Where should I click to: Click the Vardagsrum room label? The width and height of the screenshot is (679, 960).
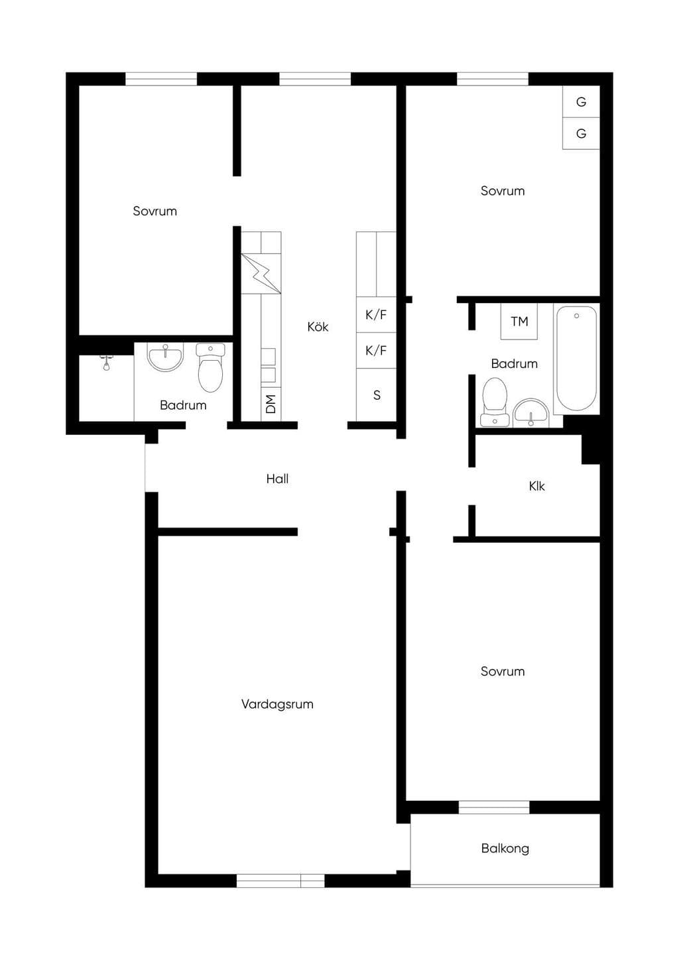277,703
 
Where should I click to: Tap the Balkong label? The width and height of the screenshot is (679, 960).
505,848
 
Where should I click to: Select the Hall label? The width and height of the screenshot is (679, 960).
277,479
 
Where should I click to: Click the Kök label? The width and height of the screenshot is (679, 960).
318,327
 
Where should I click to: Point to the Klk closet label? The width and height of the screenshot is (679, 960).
536,486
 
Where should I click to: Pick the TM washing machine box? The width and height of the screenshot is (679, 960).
519,321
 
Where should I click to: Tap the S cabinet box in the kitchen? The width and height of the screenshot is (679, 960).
377,394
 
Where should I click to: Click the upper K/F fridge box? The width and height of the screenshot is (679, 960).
377,314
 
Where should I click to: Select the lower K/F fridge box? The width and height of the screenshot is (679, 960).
377,351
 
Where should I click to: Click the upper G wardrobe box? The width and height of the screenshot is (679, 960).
581,101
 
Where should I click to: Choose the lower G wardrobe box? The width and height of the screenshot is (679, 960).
581,133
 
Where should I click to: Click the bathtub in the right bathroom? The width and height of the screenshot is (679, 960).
576,358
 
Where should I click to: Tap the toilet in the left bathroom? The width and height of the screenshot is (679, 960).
210,368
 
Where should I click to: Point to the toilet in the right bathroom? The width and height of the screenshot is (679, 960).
495,402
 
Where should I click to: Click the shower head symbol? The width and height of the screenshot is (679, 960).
106,363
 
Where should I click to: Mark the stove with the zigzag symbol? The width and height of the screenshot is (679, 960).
261,273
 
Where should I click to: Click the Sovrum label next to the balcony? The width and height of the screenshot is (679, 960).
503,671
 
